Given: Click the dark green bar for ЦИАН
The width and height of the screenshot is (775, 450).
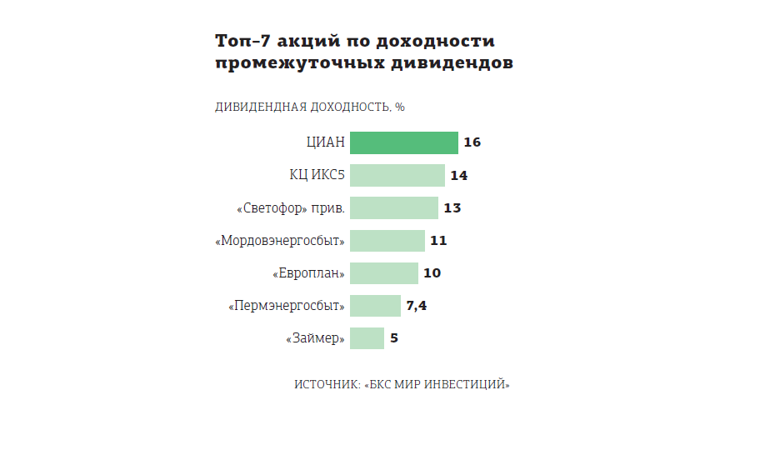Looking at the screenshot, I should click(x=403, y=142).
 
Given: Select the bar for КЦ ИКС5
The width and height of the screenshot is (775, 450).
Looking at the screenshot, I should click(x=397, y=175).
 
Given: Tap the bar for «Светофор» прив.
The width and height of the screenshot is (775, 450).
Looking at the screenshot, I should click(x=393, y=207).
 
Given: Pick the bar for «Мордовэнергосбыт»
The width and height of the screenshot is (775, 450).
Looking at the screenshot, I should click(x=387, y=241).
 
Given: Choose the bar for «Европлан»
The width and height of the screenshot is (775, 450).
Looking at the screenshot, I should click(x=383, y=273).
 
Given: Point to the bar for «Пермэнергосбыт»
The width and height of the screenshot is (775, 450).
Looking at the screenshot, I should click(x=375, y=306).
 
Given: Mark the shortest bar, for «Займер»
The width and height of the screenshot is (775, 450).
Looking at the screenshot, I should click(x=367, y=338).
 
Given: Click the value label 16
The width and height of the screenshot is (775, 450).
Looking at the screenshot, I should click(x=472, y=142).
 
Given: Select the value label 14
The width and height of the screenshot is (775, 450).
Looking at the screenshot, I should click(x=458, y=175).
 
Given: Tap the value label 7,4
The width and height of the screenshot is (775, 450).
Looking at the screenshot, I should click(x=417, y=306).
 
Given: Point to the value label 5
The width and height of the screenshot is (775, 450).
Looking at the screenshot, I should click(x=394, y=338).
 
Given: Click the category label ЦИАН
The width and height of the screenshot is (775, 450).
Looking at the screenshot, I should click(x=325, y=142).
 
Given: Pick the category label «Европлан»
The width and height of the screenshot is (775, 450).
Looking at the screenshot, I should click(x=308, y=273).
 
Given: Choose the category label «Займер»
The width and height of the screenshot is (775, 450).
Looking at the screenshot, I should click(x=315, y=338).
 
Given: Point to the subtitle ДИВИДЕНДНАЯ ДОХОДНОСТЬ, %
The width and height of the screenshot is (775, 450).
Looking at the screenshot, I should click(x=310, y=107).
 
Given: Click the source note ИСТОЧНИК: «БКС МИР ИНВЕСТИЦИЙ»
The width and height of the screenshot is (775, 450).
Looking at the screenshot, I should click(x=402, y=384).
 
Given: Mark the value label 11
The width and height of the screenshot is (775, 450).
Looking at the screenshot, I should click(x=438, y=241).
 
